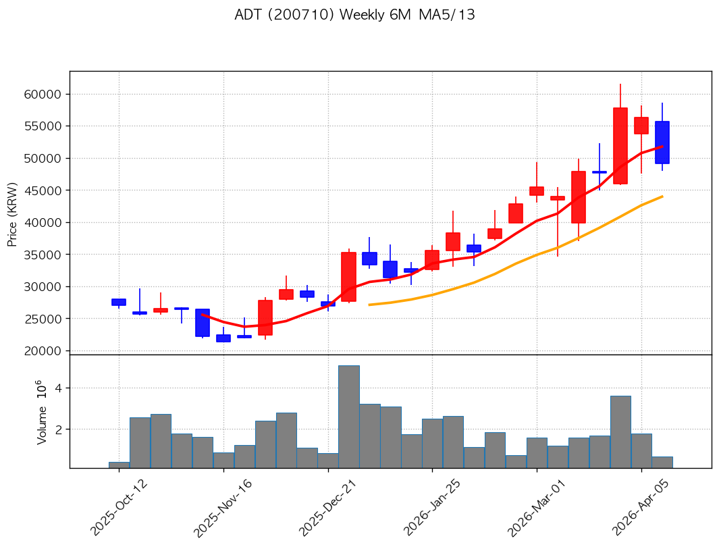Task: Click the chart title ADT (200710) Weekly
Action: [354, 15]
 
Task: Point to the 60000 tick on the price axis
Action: [47, 95]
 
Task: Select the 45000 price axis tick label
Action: [47, 191]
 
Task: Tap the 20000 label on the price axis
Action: [47, 351]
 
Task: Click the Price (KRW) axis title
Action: [12, 215]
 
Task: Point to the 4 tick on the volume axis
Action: [59, 388]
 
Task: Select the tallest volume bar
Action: [348, 417]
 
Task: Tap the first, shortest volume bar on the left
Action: [119, 465]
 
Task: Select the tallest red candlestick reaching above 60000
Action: [620, 145]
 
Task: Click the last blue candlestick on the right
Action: [662, 142]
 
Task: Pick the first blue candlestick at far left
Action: [119, 302]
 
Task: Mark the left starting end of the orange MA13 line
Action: [369, 305]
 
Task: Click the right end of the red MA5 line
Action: [662, 146]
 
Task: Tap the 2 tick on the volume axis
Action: [59, 429]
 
